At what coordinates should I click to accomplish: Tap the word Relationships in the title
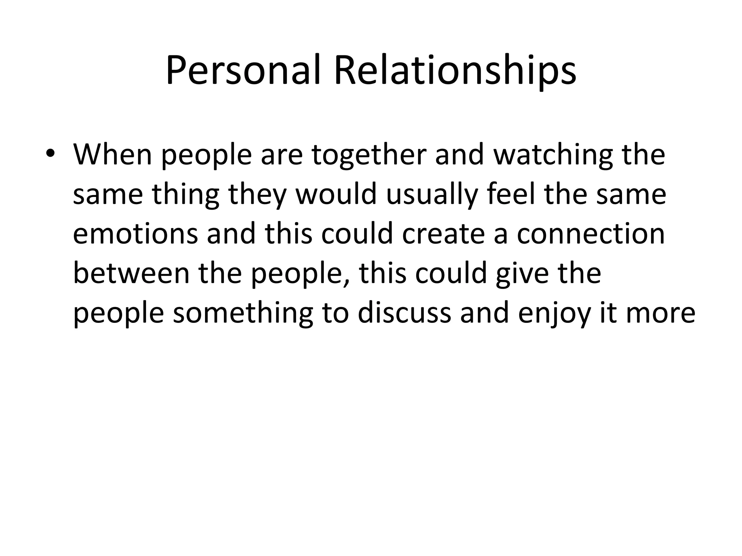[455, 71]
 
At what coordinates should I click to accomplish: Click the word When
[113, 155]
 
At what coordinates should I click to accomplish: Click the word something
[243, 313]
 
